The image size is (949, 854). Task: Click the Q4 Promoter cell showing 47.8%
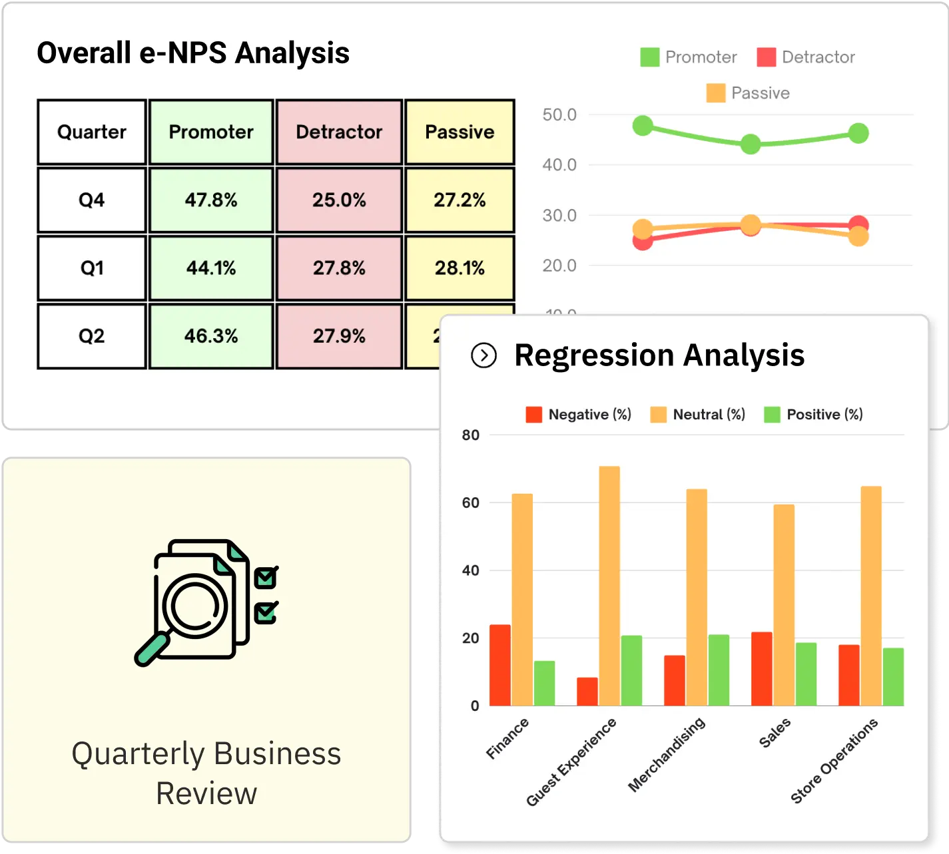pos(211,200)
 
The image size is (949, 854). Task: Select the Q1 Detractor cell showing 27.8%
pos(339,268)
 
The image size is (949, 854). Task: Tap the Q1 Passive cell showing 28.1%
pos(460,268)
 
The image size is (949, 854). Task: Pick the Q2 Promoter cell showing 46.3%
pos(211,336)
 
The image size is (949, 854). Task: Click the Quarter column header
pos(92,132)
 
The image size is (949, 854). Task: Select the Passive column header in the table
pos(460,132)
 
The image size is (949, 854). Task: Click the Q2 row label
pos(92,336)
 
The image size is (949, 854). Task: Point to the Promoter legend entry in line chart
pos(689,57)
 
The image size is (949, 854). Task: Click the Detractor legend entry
pos(806,57)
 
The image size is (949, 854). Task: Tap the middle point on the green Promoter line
pos(751,144)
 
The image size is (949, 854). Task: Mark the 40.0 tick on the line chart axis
pos(559,165)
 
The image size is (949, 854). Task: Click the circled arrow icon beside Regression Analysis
pos(483,355)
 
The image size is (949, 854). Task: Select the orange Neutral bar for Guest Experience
pos(609,586)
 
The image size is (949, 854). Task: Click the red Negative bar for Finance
pos(500,665)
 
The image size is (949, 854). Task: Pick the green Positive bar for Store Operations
pos(893,676)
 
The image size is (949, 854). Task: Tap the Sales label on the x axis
pos(775,733)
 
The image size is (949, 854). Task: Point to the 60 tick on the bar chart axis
pos(471,503)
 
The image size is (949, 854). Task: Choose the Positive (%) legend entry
pos(814,415)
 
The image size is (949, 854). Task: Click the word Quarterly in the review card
pos(138,754)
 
